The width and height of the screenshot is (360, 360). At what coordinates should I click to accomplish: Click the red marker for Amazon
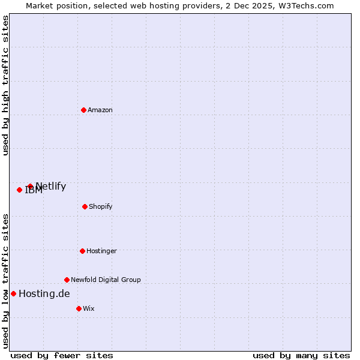[x=83, y=110]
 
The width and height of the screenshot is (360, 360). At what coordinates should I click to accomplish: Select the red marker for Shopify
[x=85, y=206]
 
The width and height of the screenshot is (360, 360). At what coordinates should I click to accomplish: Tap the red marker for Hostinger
[x=82, y=251]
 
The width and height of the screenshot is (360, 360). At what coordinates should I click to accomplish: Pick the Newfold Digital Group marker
[x=67, y=280]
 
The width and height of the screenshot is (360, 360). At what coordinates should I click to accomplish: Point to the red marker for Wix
[x=79, y=308]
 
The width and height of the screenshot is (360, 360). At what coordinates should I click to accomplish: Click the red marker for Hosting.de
[x=13, y=293]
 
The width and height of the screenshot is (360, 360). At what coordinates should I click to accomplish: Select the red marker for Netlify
[x=30, y=187]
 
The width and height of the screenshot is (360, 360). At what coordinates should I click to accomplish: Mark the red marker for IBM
[x=19, y=190]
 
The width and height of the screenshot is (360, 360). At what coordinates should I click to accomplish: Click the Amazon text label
[x=100, y=110]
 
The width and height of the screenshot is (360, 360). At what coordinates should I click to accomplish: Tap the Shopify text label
[x=101, y=207]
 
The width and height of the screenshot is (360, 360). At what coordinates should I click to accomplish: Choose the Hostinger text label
[x=101, y=251]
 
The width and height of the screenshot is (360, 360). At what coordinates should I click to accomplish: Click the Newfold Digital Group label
[x=106, y=280]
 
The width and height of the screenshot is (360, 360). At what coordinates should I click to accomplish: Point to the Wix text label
[x=89, y=309]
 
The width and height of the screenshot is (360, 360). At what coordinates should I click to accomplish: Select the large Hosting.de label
[x=44, y=294]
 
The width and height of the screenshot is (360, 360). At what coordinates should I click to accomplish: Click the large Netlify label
[x=51, y=187]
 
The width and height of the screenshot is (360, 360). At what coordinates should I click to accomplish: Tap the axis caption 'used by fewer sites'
[x=62, y=356]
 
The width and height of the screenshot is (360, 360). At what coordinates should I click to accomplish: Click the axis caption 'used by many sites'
[x=301, y=356]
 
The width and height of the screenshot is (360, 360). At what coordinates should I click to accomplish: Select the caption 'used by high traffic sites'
[x=5, y=86]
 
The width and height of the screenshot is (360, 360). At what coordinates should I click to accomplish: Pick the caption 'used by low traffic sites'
[x=5, y=281]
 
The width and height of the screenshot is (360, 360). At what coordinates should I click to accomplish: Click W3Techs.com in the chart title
[x=305, y=5]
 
